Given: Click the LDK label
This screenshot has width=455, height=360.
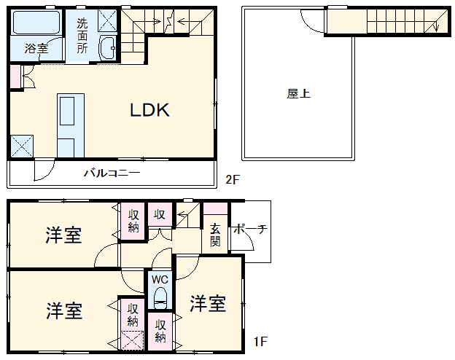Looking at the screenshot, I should (x=149, y=111).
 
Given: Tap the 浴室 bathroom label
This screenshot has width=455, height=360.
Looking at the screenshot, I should (x=36, y=49).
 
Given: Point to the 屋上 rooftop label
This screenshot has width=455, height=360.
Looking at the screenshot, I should (x=298, y=94).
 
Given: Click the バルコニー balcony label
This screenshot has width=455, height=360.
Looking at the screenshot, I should (x=111, y=173).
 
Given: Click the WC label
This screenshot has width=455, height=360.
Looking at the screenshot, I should (x=160, y=279).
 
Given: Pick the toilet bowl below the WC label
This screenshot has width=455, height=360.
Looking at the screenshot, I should (x=160, y=298).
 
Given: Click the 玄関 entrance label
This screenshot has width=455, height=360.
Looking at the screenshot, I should (x=215, y=234).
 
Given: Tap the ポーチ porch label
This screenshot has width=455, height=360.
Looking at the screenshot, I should (x=249, y=229).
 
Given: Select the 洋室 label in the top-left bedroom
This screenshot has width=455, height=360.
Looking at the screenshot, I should (x=63, y=235).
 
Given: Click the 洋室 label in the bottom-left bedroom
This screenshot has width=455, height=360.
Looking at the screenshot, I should (x=63, y=310).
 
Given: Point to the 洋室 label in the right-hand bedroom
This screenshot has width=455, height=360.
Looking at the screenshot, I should (x=208, y=303).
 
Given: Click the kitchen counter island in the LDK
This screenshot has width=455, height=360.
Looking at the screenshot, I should (x=70, y=125).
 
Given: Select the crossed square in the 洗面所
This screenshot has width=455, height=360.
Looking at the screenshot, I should (x=107, y=20).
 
